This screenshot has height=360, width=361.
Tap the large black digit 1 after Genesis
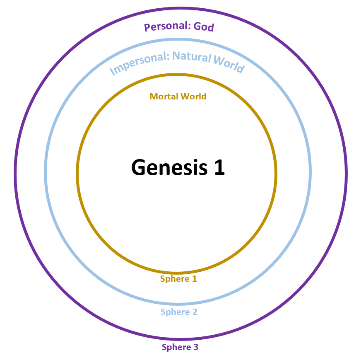pos(219,167)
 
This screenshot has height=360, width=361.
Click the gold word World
pos(193,97)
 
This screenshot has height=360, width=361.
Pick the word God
pos(204,27)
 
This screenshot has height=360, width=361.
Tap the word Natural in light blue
pos(192,56)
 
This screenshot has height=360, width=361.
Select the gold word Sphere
pos(173,279)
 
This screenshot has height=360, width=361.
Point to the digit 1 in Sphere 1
pos(194,279)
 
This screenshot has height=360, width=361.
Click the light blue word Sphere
pos(173,312)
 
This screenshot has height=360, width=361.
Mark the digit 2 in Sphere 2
pos(195,312)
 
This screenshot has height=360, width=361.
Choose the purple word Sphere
pos(174,347)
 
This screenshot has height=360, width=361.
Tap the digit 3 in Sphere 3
pos(196,347)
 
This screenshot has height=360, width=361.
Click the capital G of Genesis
pos(140,167)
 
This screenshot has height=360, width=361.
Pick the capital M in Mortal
pos(153,97)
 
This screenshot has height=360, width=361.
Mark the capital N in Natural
pos(176,56)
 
